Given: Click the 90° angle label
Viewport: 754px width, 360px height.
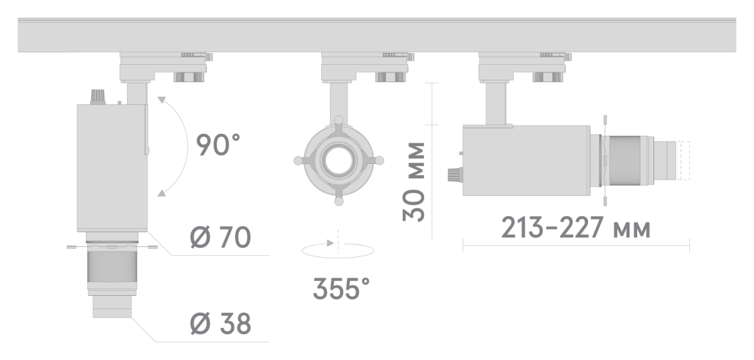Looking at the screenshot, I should coord(219,146).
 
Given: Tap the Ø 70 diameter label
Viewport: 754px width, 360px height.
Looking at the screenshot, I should coord(221,237).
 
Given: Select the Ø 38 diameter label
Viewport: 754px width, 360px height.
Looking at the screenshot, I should coord(220,324).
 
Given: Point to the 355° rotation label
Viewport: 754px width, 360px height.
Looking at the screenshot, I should coord(341,290).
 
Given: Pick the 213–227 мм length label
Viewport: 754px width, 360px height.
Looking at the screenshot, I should coord(576,229).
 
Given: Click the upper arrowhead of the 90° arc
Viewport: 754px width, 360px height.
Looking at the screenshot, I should coord(162,100).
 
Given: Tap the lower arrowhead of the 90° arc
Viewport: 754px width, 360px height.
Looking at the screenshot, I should coord(162,193).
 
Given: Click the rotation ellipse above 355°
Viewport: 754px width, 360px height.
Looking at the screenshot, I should coord(339,250).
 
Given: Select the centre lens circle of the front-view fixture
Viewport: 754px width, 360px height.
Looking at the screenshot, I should coord(338,161).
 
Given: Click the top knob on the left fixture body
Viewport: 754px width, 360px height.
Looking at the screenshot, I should coord(97,96).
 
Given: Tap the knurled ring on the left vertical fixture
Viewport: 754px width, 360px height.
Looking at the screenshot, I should coord(111,266).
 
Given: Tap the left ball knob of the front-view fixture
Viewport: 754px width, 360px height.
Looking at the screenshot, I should coord(297,161).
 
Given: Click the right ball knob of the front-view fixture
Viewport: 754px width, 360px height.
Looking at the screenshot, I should coord(379,161).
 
